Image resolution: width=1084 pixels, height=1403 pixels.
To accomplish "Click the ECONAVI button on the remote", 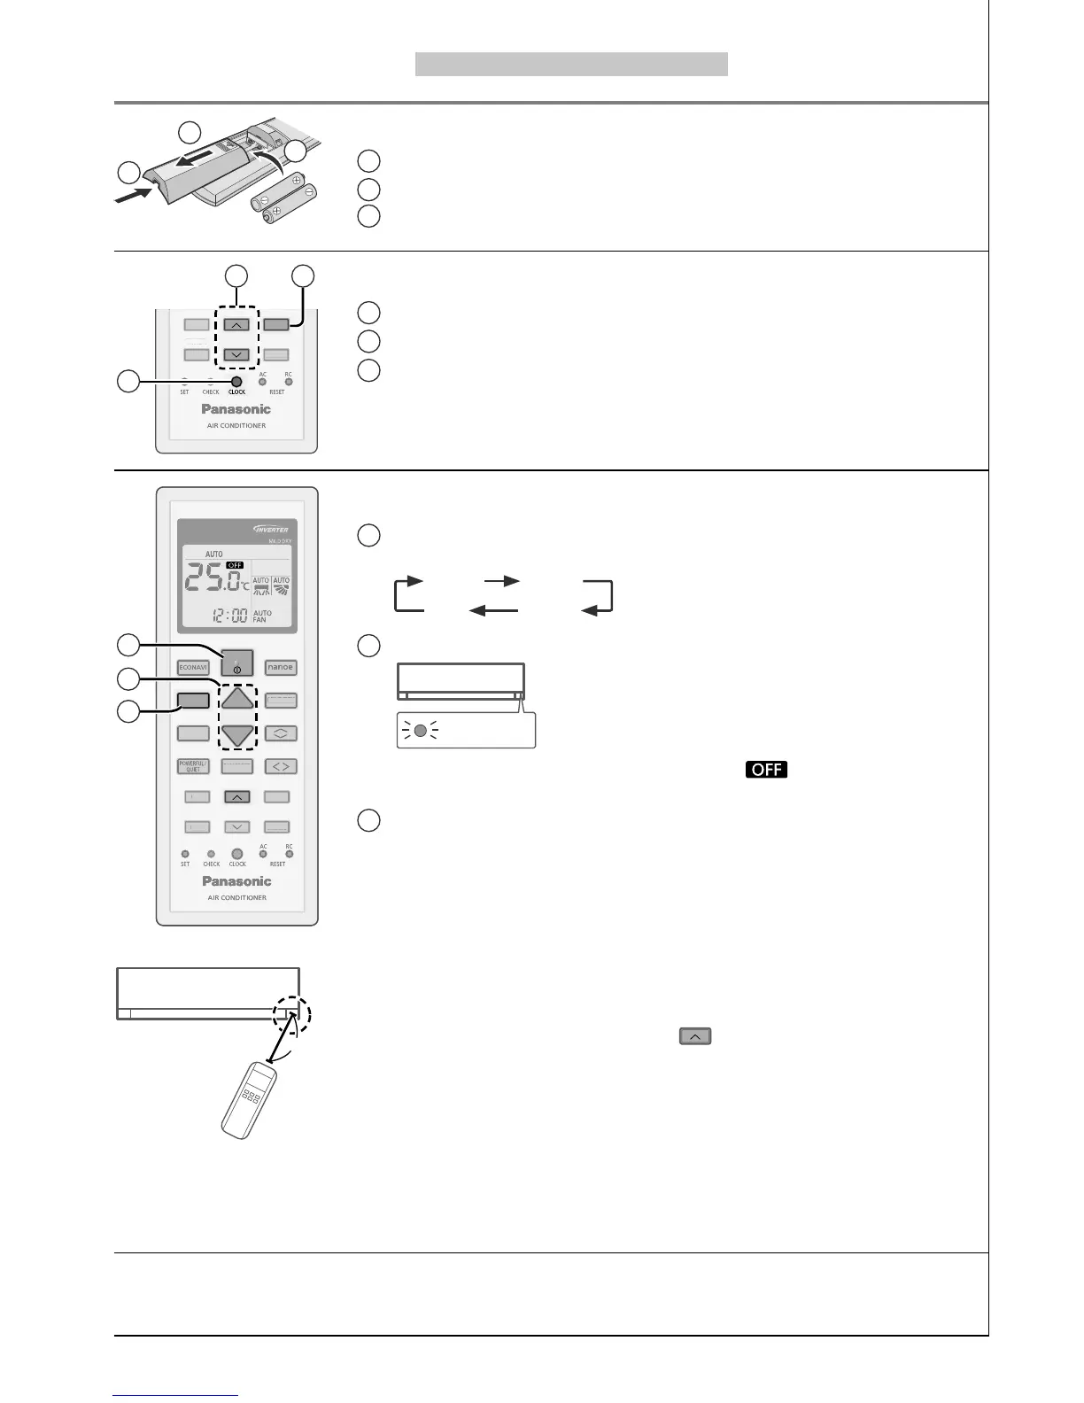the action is (x=192, y=668).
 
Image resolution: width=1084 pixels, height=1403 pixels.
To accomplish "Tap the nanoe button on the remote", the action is (x=280, y=667).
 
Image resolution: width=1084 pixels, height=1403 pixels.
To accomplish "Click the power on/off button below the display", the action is (x=236, y=663).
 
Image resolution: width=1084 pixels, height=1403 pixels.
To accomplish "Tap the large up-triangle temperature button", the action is (x=236, y=698).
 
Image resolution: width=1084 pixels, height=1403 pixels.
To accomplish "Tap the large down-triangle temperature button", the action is (x=236, y=734).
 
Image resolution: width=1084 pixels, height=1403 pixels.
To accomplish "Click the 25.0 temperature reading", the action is (x=213, y=580).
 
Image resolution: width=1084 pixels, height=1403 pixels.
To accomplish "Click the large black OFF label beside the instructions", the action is (x=766, y=769).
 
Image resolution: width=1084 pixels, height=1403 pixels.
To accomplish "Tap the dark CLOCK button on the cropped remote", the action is (x=236, y=382).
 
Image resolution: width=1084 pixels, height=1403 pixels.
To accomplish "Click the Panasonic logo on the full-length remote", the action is (x=236, y=881).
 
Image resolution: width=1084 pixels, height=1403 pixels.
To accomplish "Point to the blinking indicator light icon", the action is (x=421, y=732).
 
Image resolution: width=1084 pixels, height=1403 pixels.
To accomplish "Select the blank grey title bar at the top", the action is (x=571, y=64).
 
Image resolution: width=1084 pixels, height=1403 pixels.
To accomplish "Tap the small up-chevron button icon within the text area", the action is (x=695, y=1035).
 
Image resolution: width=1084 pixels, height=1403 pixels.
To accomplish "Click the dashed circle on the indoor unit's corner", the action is (x=293, y=1014).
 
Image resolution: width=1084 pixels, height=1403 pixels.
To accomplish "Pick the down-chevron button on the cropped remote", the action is (x=235, y=354).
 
